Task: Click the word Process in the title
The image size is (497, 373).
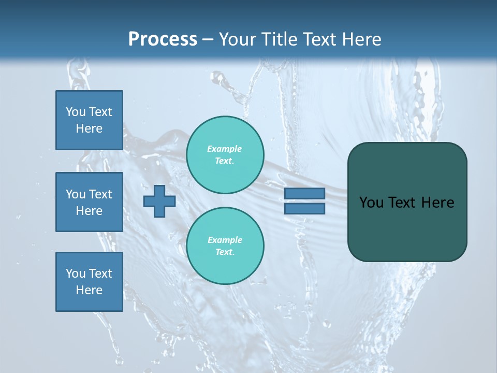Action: [x=163, y=39]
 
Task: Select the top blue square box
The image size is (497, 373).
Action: [x=89, y=120]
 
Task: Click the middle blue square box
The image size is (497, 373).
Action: [x=89, y=202]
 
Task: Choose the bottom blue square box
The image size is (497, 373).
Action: [x=89, y=282]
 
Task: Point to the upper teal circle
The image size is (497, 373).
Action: [x=225, y=154]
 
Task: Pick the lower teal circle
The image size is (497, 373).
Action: [x=225, y=246]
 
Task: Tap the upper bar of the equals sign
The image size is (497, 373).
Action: [x=305, y=193]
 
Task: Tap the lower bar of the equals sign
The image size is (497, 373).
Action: [x=305, y=208]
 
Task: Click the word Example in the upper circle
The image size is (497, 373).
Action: [x=224, y=149]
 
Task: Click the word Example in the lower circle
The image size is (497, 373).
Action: [x=224, y=240]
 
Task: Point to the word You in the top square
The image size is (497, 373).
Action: [x=75, y=112]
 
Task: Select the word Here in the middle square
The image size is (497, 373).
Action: [x=89, y=211]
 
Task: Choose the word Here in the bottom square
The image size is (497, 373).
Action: [x=89, y=290]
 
